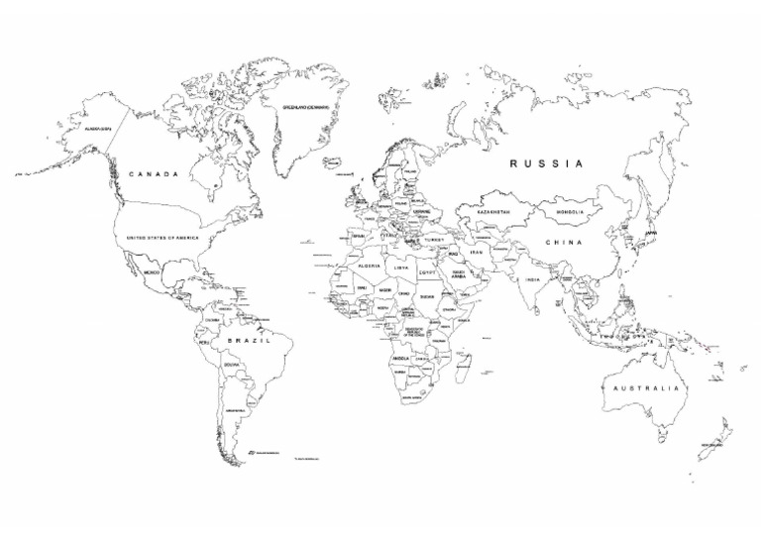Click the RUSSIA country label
click(546, 163)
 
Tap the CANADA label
click(154, 174)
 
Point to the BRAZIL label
click(249, 341)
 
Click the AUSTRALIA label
click(647, 388)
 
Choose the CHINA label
click(562, 243)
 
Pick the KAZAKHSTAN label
click(492, 212)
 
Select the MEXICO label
click(151, 271)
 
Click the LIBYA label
click(401, 268)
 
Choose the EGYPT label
click(427, 270)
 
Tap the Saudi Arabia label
click(459, 274)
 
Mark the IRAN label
click(476, 252)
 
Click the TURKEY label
click(434, 240)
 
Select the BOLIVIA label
click(232, 366)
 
